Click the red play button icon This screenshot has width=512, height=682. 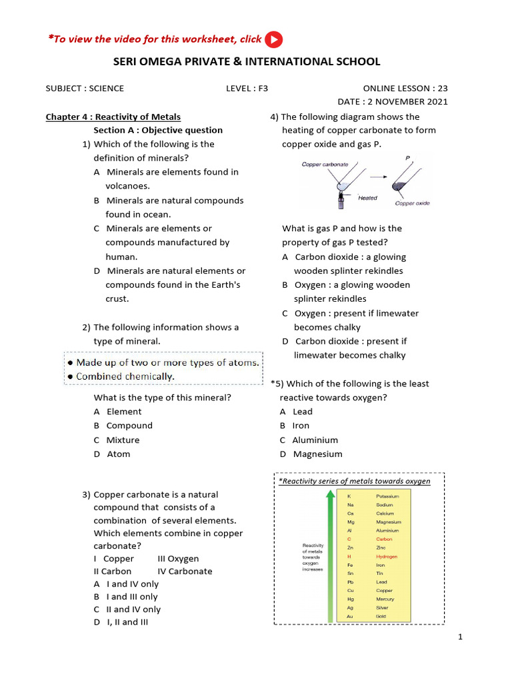pos(273,40)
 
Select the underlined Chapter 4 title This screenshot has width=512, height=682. pos(113,117)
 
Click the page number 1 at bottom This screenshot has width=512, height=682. pos(460,637)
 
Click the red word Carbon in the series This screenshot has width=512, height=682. pos(384,539)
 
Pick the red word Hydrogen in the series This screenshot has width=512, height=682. pos(387,556)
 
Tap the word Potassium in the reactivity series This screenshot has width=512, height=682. pos(387,496)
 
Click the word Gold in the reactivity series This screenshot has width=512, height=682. pos(381,616)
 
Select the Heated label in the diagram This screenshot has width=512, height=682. pos(367,198)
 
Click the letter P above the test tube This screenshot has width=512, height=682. pos(407,158)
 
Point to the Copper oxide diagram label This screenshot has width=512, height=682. pos(412,204)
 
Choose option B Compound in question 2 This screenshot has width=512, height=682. pos(123,426)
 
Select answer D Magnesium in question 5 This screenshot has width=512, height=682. pos(311,454)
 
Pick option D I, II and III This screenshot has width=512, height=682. pos(121,622)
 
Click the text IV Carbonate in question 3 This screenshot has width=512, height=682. pos(185,571)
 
